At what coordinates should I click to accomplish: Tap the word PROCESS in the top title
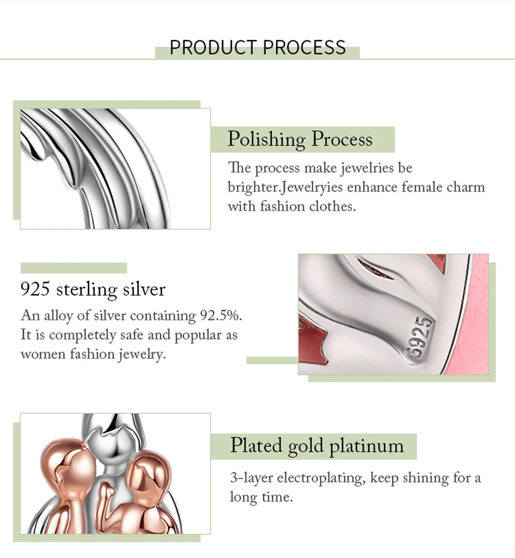pyautogui.click(x=304, y=47)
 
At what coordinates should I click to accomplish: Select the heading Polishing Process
pyautogui.click(x=300, y=139)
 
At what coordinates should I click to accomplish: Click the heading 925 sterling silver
pyautogui.click(x=93, y=289)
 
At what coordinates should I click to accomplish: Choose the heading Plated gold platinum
pyautogui.click(x=317, y=446)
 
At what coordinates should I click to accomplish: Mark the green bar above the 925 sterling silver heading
pyautogui.click(x=74, y=268)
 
